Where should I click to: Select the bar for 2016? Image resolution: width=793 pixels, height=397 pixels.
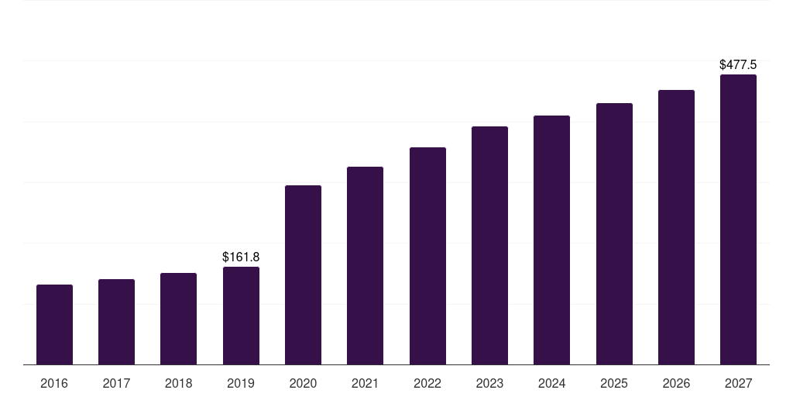tap(54, 325)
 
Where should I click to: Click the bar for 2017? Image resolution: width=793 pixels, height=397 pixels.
tap(116, 322)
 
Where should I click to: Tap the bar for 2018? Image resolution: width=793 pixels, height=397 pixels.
tap(178, 319)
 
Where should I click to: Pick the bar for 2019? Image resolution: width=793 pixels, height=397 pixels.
tap(241, 316)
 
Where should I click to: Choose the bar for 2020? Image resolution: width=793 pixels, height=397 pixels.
tap(303, 275)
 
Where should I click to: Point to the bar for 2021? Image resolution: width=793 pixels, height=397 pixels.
tap(365, 266)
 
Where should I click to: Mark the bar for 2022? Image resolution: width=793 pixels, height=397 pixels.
tap(427, 256)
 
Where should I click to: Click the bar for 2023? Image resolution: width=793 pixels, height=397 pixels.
tap(489, 246)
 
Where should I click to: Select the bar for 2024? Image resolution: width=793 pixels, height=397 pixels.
tap(551, 240)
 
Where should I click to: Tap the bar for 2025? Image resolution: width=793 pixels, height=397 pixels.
tap(614, 234)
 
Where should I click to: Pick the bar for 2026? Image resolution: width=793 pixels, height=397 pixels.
tap(676, 227)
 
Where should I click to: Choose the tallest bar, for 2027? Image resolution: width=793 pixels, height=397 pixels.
tap(738, 219)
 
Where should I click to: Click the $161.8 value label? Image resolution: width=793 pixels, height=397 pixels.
tap(241, 257)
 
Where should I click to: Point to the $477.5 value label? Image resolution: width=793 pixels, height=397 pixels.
tap(738, 65)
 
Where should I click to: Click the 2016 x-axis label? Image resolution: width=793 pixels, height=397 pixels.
tap(54, 384)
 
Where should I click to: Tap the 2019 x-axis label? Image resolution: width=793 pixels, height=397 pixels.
tap(241, 384)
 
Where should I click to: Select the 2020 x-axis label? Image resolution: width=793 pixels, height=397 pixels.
tap(303, 384)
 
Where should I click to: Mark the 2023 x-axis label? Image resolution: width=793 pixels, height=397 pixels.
tap(489, 384)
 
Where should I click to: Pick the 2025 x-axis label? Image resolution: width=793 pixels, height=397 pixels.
tap(614, 384)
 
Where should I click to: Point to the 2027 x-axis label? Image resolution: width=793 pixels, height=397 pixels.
tap(738, 384)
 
